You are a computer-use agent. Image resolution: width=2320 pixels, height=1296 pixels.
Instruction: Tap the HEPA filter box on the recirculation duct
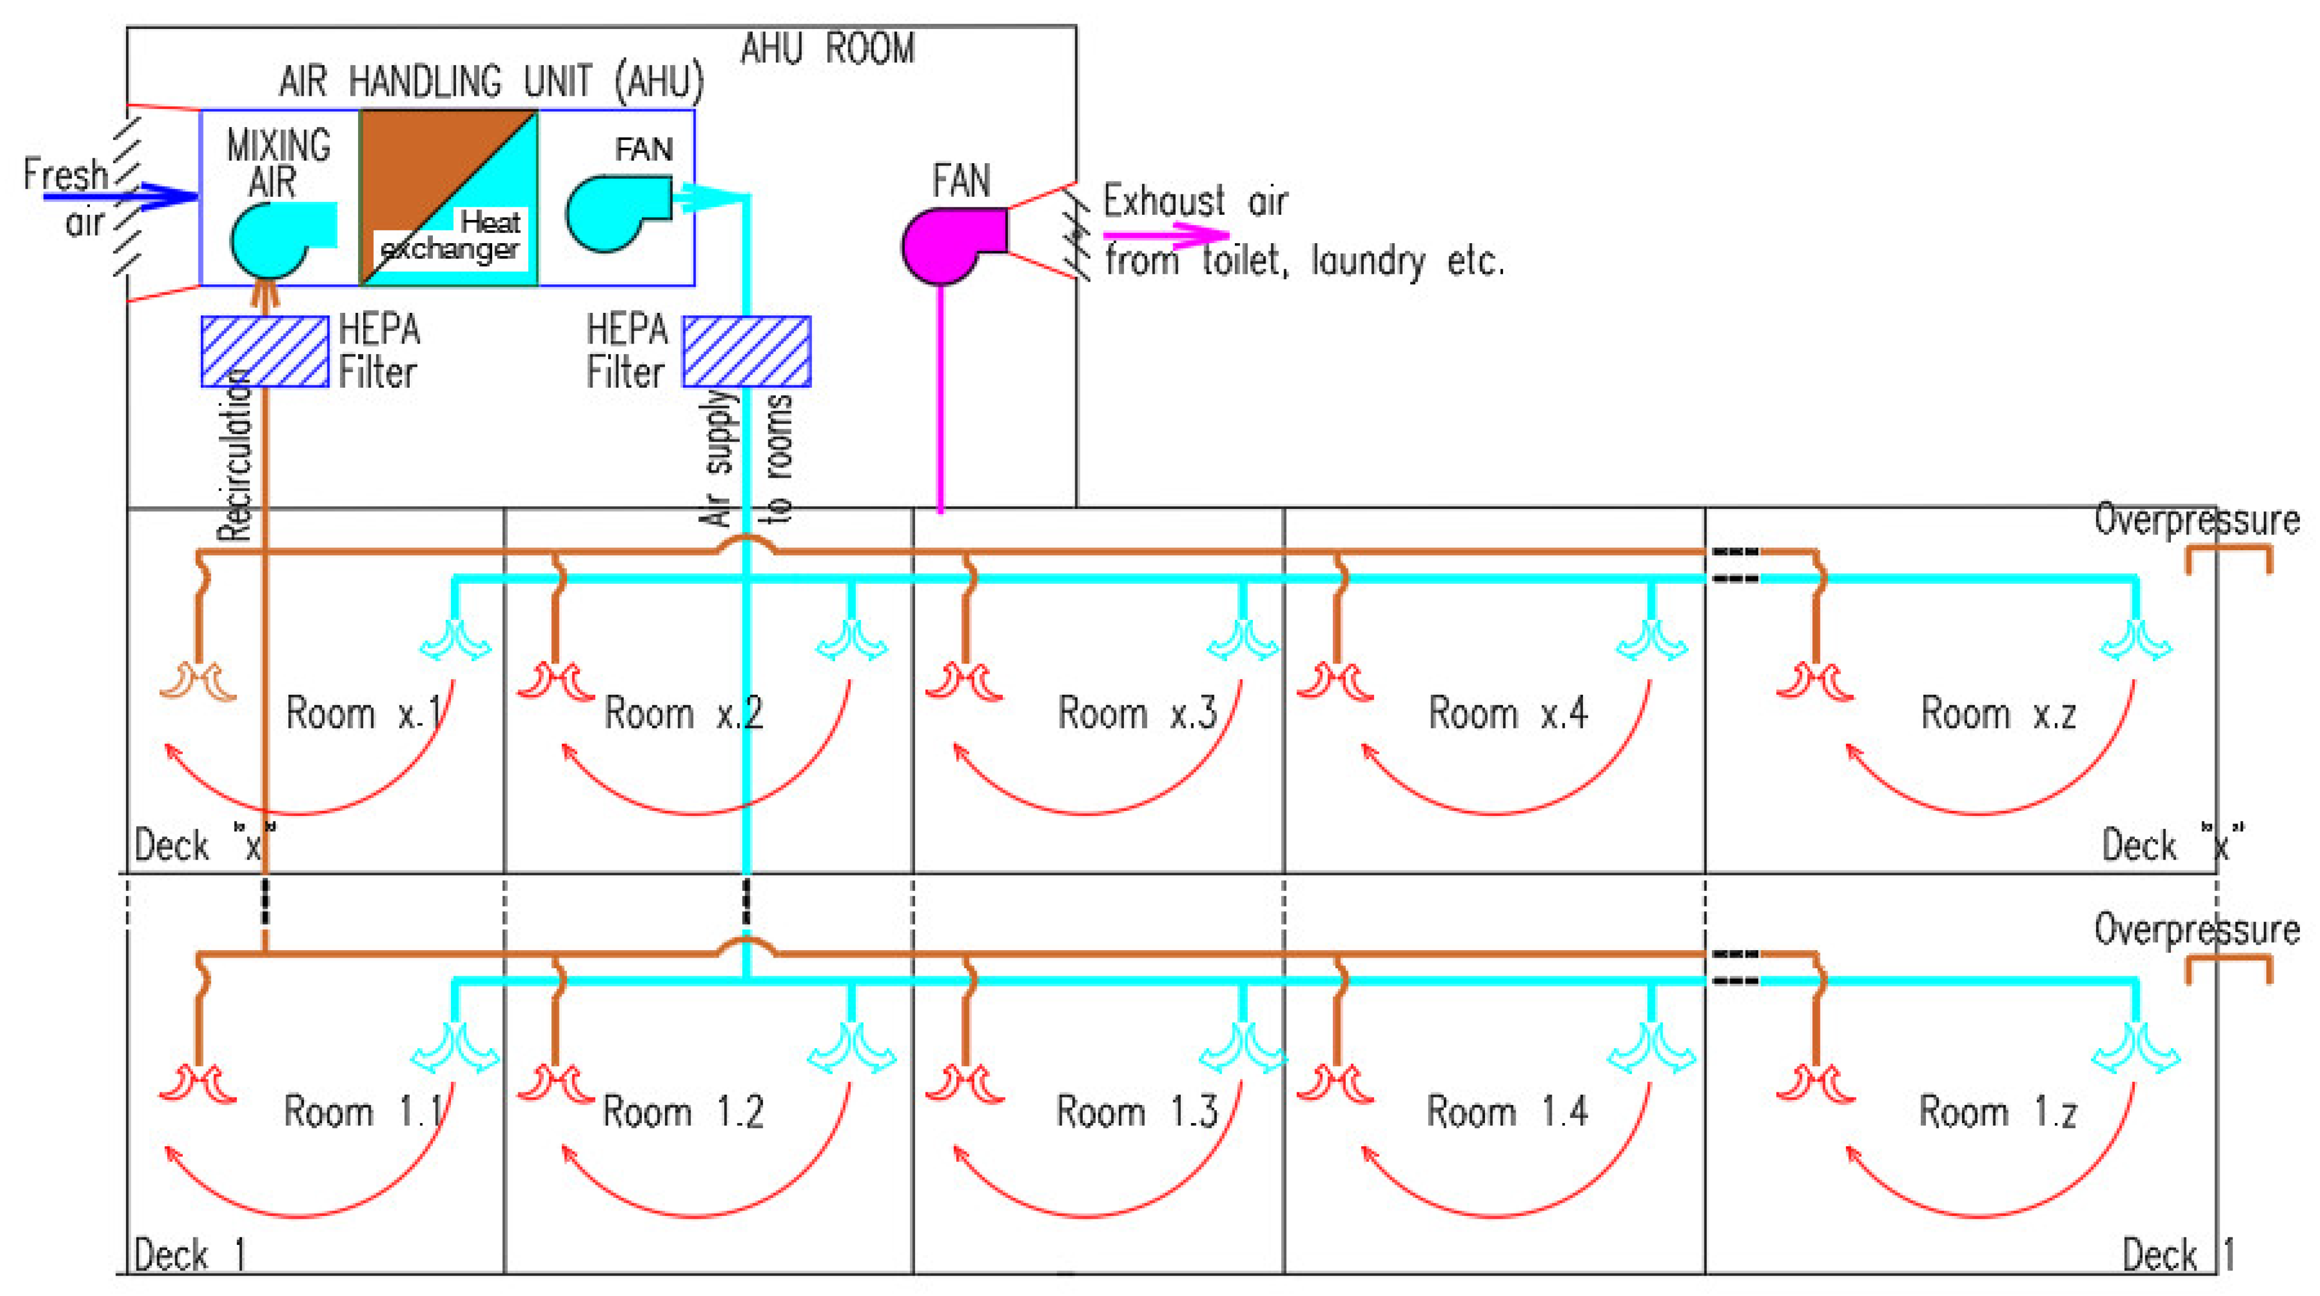(x=264, y=351)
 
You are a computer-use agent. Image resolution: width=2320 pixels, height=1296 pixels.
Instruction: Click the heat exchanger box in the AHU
(x=449, y=198)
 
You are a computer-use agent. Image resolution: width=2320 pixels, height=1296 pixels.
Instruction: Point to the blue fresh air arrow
(x=122, y=196)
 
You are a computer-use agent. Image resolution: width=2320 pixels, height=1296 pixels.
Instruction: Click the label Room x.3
(x=1137, y=713)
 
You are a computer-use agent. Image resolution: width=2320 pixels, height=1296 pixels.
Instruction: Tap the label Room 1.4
(x=1507, y=1111)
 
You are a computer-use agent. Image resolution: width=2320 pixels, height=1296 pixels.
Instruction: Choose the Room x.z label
(x=1999, y=713)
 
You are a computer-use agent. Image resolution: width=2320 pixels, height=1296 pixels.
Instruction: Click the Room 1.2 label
(x=682, y=1111)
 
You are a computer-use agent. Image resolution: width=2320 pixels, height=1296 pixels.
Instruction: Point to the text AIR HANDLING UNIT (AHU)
(x=491, y=82)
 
